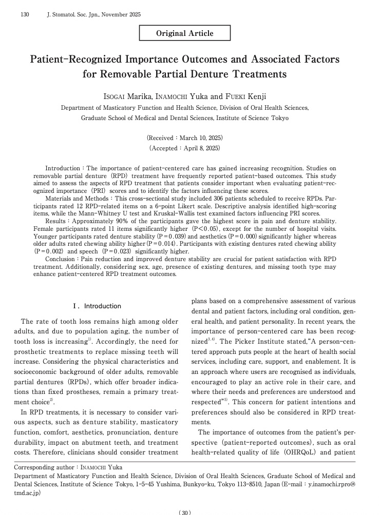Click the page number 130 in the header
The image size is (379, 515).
click(24, 14)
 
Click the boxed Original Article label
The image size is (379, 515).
click(184, 33)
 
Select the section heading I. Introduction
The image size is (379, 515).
click(97, 306)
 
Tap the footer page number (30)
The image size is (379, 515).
click(185, 512)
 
